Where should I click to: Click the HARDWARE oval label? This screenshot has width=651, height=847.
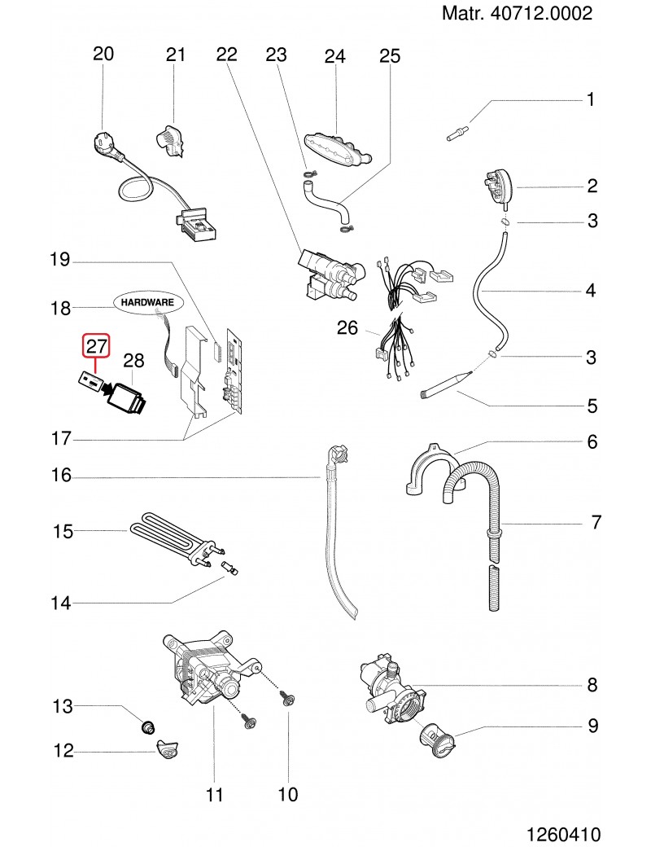coord(148,301)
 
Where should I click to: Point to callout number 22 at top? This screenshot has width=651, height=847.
coord(226,55)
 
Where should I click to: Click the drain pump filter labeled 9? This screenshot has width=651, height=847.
coord(439,740)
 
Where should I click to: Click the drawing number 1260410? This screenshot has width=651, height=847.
coord(563,835)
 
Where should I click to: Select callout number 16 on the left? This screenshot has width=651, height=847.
coord(63,475)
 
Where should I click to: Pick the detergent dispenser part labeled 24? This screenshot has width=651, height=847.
coord(339,150)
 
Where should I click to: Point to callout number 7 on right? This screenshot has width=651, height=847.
coord(596,522)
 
